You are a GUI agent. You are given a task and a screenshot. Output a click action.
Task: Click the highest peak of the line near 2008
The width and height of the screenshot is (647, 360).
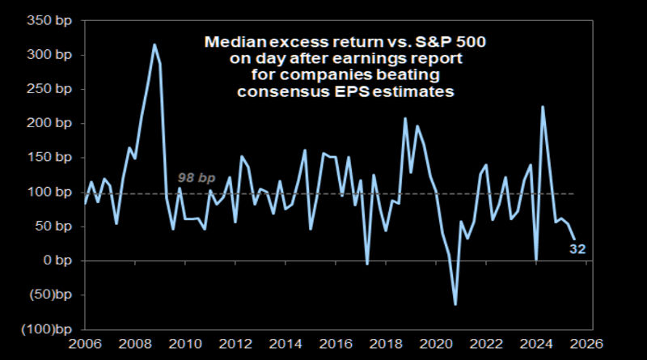pyautogui.click(x=154, y=44)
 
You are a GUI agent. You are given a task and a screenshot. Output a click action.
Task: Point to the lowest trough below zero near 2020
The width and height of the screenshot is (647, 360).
pyautogui.click(x=455, y=304)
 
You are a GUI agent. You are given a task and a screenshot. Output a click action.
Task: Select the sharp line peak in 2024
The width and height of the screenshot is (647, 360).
pyautogui.click(x=543, y=107)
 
